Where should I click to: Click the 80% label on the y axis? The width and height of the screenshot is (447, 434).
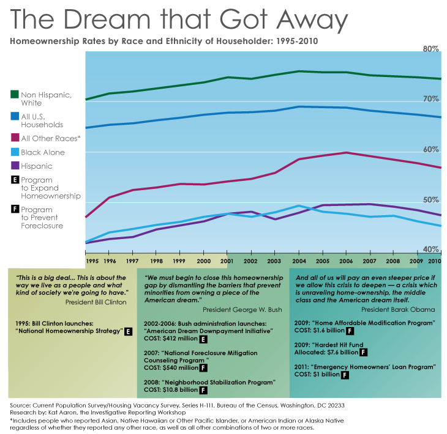[x=431, y=49]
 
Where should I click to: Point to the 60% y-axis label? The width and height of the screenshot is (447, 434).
[x=431, y=150]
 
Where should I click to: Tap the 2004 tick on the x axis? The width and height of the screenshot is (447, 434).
[x=298, y=261]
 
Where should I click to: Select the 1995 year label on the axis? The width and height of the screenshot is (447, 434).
[x=92, y=261]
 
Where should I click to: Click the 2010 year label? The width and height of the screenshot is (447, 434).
[x=435, y=261]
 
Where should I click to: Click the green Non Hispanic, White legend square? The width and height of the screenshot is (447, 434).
[x=15, y=95]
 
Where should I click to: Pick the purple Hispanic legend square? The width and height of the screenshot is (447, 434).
[x=15, y=166]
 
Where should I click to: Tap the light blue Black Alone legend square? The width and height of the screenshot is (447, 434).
[x=15, y=152]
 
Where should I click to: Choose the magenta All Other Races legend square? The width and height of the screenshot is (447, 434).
[x=15, y=138]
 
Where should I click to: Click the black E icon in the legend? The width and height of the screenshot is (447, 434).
[x=15, y=181]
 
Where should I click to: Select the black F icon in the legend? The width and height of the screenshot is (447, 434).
[x=15, y=210]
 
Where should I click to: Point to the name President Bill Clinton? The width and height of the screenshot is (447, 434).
[x=94, y=302]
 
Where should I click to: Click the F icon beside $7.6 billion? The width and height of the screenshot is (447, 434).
[x=364, y=352]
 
